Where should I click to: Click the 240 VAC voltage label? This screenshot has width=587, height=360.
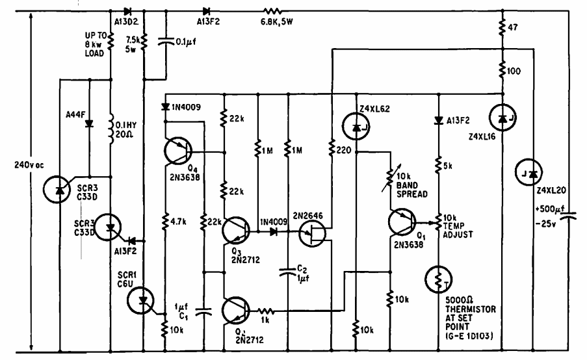pyautogui.click(x=29, y=165)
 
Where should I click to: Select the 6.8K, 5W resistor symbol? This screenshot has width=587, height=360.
pyautogui.click(x=272, y=11)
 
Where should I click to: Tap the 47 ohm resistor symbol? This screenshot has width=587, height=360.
pyautogui.click(x=502, y=27)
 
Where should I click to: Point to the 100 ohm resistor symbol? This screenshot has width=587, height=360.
pyautogui.click(x=502, y=70)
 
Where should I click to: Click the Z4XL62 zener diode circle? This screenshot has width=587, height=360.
pyautogui.click(x=356, y=127)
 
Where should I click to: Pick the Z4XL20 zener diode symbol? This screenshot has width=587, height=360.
pyautogui.click(x=528, y=172)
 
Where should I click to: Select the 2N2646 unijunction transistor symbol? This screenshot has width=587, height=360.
pyautogui.click(x=313, y=233)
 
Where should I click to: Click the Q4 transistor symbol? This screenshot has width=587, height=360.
pyautogui.click(x=178, y=151)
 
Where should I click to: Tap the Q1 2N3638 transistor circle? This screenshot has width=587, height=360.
pyautogui.click(x=402, y=223)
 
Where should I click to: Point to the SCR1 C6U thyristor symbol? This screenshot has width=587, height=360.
pyautogui.click(x=141, y=300)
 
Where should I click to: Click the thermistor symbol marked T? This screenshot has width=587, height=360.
pyautogui.click(x=439, y=280)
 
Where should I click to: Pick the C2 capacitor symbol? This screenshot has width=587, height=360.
pyautogui.click(x=288, y=272)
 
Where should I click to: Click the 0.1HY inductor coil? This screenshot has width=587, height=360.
pyautogui.click(x=111, y=129)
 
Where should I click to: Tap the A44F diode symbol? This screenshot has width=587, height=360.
pyautogui.click(x=89, y=123)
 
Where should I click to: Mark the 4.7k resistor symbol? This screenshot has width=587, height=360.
pyautogui.click(x=165, y=221)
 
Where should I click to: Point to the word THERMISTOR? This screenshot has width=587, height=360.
pyautogui.click(x=471, y=309)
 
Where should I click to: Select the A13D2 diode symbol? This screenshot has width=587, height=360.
pyautogui.click(x=127, y=11)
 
